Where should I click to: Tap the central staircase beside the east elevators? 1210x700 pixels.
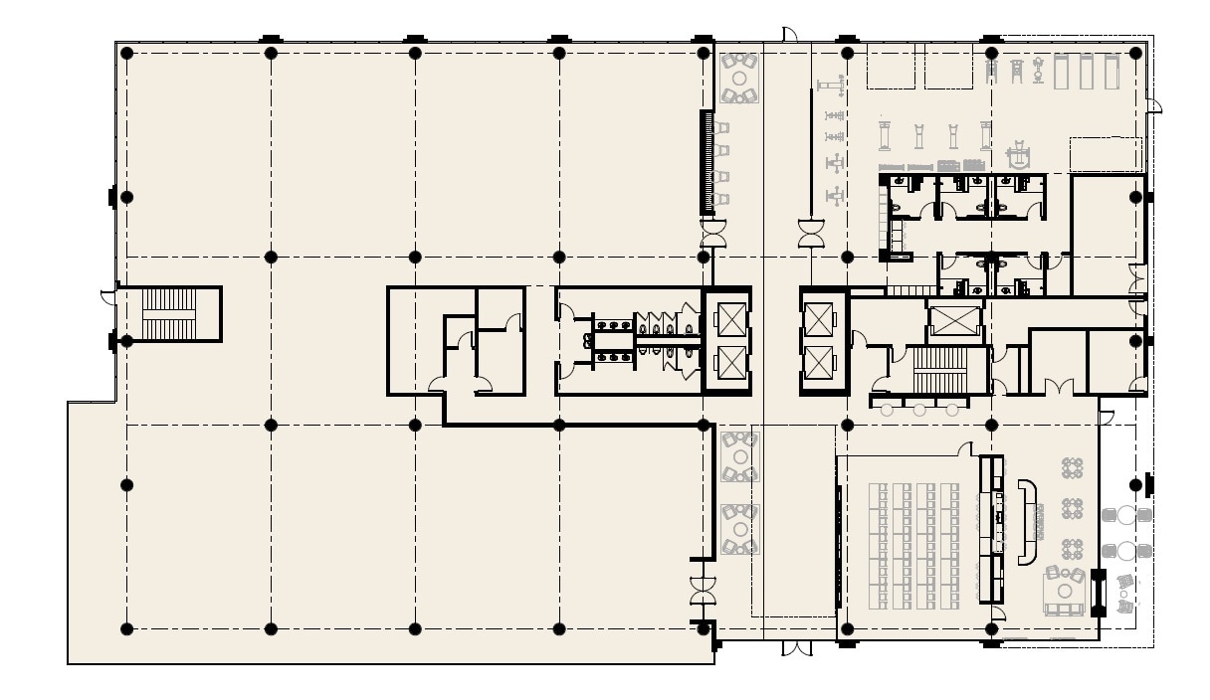tap(939, 370)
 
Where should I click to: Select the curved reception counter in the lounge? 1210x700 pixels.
tap(1027, 522)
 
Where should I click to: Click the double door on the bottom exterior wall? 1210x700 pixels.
tap(796, 649)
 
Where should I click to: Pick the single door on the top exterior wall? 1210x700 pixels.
tap(789, 36)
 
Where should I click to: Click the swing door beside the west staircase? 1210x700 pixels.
tap(107, 294)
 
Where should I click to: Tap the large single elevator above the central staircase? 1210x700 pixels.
tap(954, 321)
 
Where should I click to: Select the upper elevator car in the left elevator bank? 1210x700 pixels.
tap(728, 321)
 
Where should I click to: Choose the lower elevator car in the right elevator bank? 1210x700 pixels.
tap(822, 364)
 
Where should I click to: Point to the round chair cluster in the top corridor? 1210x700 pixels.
tap(738, 78)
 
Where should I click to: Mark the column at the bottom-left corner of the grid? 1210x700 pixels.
tap(126, 628)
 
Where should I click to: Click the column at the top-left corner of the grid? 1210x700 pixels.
tap(126, 53)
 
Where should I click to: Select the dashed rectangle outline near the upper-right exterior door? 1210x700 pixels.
tap(1105, 154)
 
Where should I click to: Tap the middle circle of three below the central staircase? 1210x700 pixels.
tap(919, 410)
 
